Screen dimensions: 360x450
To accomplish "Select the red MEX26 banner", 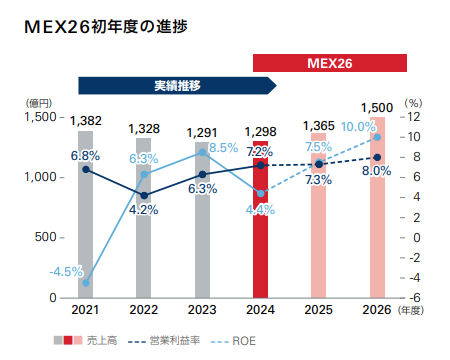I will pyautogui.click(x=330, y=63).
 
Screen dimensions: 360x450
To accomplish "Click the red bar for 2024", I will pyautogui.click(x=260, y=230).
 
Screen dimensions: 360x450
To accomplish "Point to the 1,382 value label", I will pyautogui.click(x=86, y=121).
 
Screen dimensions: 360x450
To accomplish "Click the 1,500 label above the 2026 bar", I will pyautogui.click(x=377, y=107).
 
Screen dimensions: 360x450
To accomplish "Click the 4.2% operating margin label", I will pyautogui.click(x=144, y=210).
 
